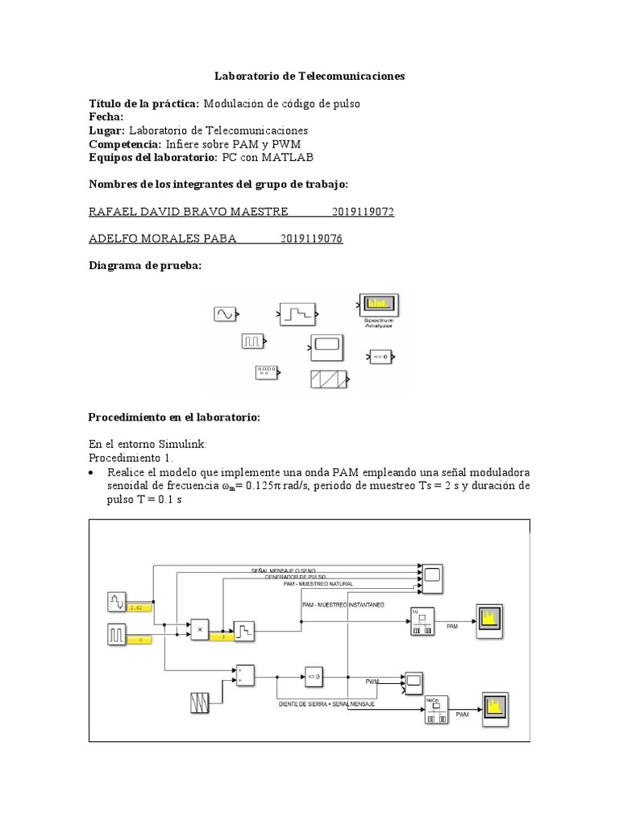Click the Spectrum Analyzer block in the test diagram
(x=376, y=305)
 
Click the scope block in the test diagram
(x=326, y=348)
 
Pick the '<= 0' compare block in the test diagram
(x=380, y=355)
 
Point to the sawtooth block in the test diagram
(x=329, y=379)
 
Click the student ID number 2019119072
(x=363, y=212)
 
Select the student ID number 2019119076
(x=312, y=239)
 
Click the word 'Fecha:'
(x=106, y=117)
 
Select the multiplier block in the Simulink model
(x=198, y=628)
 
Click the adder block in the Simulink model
(x=244, y=674)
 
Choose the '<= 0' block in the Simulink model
(x=314, y=674)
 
